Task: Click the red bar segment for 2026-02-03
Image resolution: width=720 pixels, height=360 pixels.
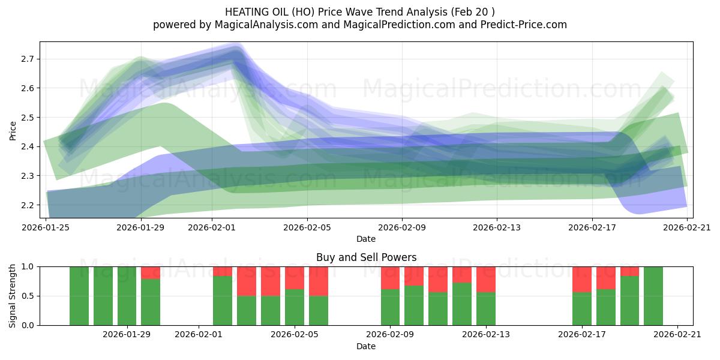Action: point(247,281)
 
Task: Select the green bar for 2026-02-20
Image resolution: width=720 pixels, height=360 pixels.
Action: point(653,296)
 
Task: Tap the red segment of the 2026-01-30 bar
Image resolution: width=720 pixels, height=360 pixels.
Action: point(151,272)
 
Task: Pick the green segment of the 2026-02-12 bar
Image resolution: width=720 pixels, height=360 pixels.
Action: point(462,304)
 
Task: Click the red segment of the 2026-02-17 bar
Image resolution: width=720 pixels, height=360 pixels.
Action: point(582,279)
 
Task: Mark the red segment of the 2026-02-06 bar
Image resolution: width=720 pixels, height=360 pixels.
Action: point(319,281)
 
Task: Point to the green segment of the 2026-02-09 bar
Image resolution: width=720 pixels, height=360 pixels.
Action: point(390,307)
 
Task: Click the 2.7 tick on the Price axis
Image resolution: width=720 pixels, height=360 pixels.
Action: point(28,59)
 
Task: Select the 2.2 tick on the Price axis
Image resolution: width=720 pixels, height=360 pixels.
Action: point(28,205)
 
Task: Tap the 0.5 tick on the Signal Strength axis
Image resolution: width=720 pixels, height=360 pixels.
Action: point(28,296)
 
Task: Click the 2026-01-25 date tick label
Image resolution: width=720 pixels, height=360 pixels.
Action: point(46,227)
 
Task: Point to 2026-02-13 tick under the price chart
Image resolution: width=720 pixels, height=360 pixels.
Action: point(497,227)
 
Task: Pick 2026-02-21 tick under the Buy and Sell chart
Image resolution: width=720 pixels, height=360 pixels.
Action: point(677,335)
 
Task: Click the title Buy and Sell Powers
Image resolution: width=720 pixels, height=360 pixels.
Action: point(366,257)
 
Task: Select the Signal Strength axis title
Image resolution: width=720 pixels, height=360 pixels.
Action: point(13,296)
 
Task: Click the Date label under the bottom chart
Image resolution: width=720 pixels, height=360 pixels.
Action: point(366,346)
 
